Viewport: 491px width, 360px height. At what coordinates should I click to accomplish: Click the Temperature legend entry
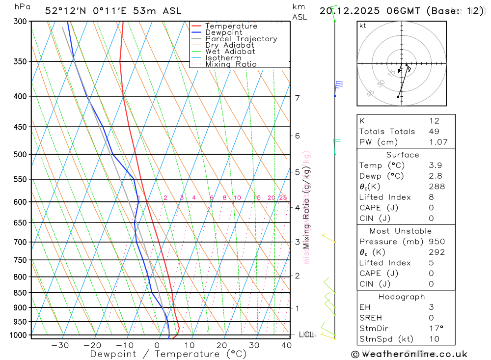[x=231, y=26]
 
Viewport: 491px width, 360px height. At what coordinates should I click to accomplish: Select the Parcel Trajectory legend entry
[x=241, y=39]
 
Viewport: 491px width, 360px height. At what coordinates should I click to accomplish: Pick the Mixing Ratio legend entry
[x=231, y=64]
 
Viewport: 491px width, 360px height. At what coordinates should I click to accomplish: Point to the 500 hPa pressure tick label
[x=20, y=154]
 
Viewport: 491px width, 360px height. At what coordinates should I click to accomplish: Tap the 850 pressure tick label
[x=20, y=293]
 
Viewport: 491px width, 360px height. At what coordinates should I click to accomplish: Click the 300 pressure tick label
[x=20, y=22]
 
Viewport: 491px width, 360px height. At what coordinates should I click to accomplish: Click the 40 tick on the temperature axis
[x=286, y=345]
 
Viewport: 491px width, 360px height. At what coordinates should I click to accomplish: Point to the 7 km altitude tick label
[x=298, y=98]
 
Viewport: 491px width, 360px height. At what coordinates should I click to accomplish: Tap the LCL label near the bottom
[x=306, y=335]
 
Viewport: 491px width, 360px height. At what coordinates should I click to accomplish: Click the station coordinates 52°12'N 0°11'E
[x=92, y=11]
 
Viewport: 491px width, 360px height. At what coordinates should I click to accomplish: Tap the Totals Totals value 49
[x=434, y=131]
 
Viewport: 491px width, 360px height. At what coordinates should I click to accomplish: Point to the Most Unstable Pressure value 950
[x=436, y=242]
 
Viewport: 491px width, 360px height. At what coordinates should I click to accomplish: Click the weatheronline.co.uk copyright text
[x=409, y=354]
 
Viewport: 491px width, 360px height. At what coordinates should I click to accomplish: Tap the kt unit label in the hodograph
[x=363, y=26]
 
